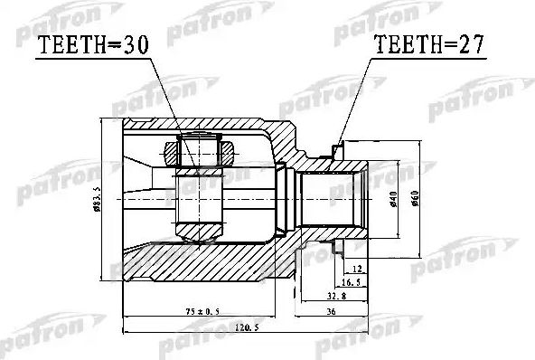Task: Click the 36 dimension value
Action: (332, 313)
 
